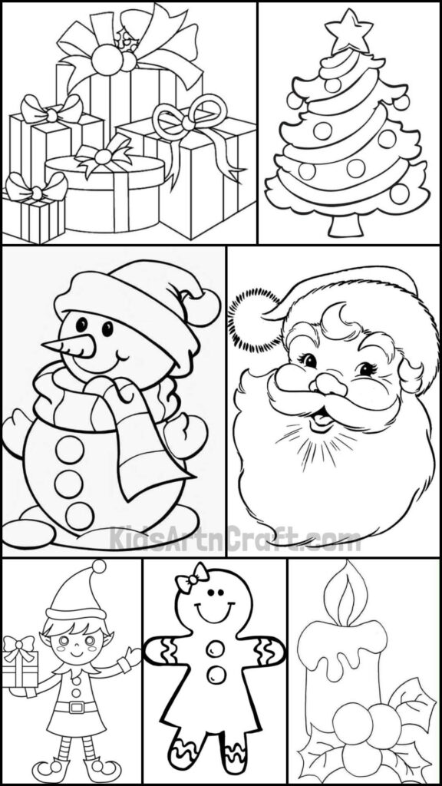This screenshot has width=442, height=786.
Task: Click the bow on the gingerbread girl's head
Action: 192,578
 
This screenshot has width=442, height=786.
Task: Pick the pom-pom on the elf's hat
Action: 97,568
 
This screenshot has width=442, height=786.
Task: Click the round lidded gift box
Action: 104,192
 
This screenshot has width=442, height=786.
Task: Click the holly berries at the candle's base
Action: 361,729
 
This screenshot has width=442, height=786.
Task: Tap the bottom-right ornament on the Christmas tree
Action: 399,194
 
